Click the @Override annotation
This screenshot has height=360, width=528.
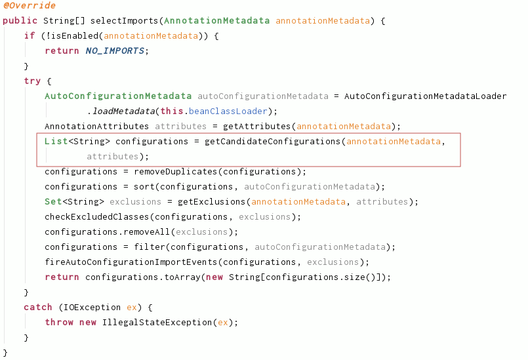29,5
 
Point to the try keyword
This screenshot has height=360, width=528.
31,81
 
